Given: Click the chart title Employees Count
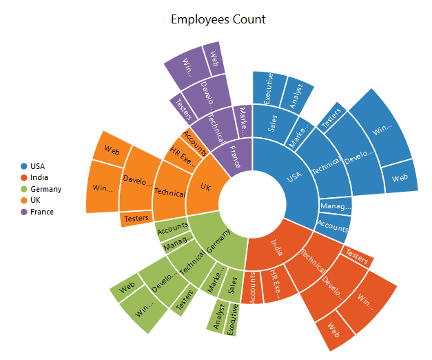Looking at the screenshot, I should pos(218,19).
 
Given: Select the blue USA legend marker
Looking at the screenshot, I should pos(24,166).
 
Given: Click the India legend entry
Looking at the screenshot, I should pos(39,178).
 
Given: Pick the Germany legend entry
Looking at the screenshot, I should pos(45,189).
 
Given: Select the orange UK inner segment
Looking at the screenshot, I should pos(204,188).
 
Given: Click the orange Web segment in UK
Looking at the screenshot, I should pos(112,148).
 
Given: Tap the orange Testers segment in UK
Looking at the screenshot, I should pos(136,219).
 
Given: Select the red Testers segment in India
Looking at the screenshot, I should pos(357,257).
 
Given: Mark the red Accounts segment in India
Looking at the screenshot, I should pos(252,286).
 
